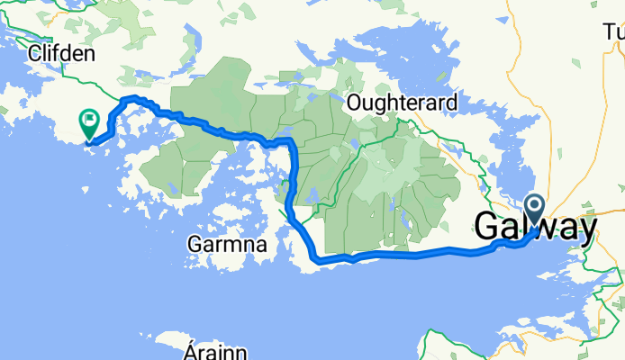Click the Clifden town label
pyautogui.click(x=61, y=54)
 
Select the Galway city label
pyautogui.click(x=535, y=227)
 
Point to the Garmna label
pyautogui.click(x=222, y=243)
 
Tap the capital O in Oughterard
pyautogui.click(x=355, y=100)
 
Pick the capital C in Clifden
pyautogui.click(x=35, y=54)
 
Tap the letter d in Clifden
pyautogui.click(x=68, y=54)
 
